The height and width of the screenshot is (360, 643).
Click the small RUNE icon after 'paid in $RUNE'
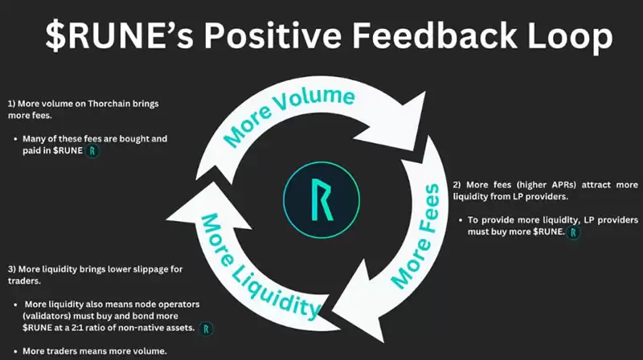[x=93, y=151]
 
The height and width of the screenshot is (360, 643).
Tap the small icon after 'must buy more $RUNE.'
[x=572, y=232]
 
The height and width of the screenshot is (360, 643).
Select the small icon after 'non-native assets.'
[x=207, y=329]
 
